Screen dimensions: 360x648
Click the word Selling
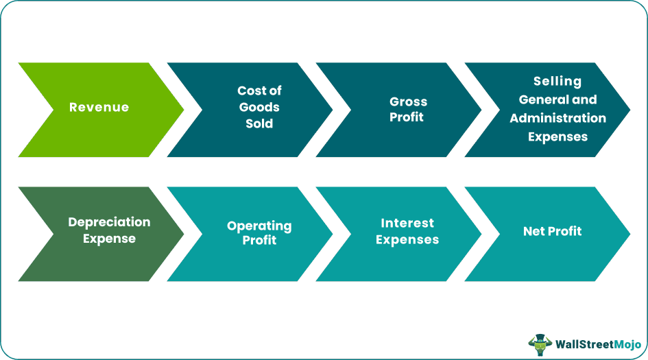(557, 82)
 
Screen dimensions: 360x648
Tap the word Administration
(557, 118)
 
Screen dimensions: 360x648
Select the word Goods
(259, 107)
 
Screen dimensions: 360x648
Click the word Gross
(408, 101)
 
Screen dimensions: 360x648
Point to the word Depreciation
(109, 222)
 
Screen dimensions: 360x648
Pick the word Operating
(259, 226)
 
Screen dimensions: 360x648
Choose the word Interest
(407, 223)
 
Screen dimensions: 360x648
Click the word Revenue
(99, 107)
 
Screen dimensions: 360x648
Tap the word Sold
(259, 124)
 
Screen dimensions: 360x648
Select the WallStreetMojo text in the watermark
(598, 344)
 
